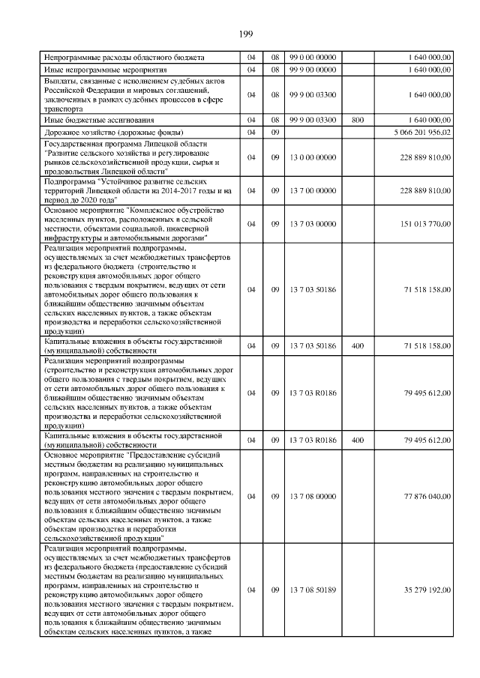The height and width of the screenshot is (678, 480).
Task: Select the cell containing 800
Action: [x=357, y=120]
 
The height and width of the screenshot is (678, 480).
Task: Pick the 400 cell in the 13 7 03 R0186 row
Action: [x=357, y=440]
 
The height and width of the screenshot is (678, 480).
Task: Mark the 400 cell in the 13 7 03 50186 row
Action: [x=357, y=345]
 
